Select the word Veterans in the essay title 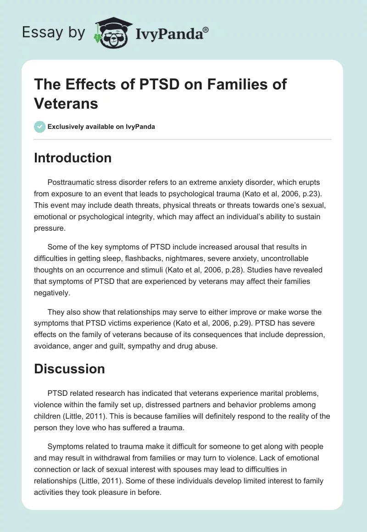click(66, 103)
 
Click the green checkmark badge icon click(40, 127)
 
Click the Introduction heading click(72, 158)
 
